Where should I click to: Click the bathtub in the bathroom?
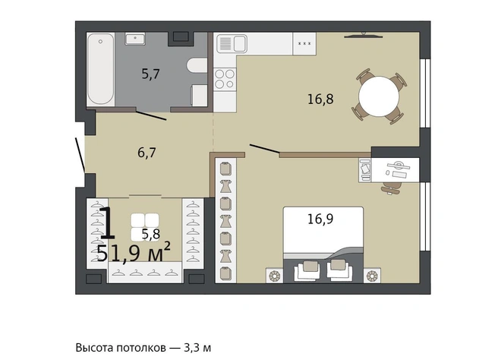(101, 69)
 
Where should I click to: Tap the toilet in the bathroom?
(197, 66)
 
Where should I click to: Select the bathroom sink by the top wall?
(135, 39)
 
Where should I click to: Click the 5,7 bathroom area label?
(150, 74)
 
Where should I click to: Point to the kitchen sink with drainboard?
(232, 43)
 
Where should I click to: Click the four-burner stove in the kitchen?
(225, 79)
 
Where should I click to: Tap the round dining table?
(379, 96)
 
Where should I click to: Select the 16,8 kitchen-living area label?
(320, 99)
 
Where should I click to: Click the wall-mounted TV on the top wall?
(364, 35)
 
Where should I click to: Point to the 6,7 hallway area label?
(147, 153)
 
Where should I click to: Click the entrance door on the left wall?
(80, 155)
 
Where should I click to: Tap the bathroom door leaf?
(151, 115)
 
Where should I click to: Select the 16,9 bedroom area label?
(320, 219)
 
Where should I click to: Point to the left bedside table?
(274, 275)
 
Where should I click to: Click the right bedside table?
(372, 275)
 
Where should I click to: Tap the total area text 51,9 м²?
(134, 253)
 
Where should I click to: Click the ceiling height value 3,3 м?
(197, 348)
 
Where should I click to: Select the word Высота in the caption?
(95, 348)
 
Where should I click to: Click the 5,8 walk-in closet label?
(151, 234)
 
